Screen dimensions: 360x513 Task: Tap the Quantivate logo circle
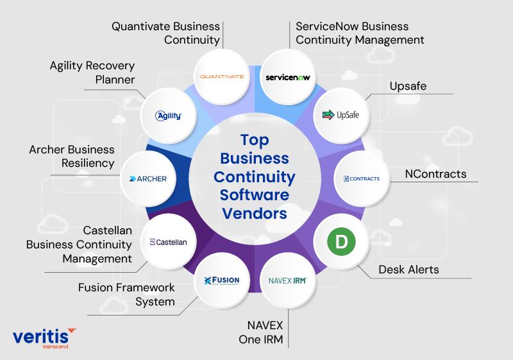click(x=222, y=76)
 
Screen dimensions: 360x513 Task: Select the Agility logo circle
click(x=169, y=116)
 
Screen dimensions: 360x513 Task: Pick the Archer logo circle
click(x=147, y=178)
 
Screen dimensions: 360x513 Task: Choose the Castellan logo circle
click(x=168, y=242)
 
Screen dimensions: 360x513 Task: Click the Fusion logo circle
click(x=221, y=280)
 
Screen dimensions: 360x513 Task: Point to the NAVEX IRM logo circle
click(x=288, y=280)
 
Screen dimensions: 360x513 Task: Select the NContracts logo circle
click(x=361, y=178)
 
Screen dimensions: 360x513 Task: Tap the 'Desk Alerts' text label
click(x=408, y=270)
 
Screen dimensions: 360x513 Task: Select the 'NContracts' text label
click(x=435, y=174)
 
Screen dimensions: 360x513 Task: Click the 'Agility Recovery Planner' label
click(x=93, y=73)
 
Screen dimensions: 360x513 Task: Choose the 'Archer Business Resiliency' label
click(x=72, y=156)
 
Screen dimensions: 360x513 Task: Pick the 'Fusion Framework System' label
click(x=126, y=295)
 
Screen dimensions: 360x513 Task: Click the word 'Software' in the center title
click(x=255, y=194)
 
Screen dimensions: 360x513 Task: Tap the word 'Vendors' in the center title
click(x=255, y=212)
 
